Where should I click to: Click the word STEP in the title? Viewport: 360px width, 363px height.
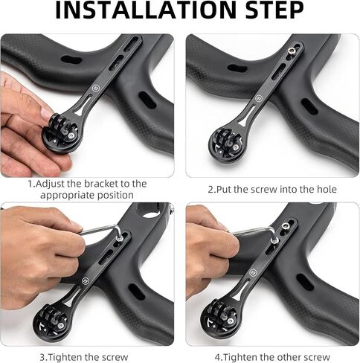(x=274, y=10)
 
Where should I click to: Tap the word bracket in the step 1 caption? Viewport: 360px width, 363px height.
(x=100, y=184)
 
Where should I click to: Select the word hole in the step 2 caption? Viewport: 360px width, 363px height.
(x=327, y=190)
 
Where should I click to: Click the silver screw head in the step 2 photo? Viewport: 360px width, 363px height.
(x=291, y=51)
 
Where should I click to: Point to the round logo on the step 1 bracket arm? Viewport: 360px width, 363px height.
(x=95, y=88)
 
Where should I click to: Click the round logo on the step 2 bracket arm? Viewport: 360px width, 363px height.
(x=259, y=98)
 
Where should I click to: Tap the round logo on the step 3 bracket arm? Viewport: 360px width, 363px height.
(x=85, y=280)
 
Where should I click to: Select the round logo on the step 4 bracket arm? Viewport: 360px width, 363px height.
(x=253, y=272)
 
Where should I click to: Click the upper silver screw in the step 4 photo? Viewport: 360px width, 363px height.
(x=284, y=225)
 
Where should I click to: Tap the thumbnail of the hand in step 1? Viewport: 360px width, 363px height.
(x=45, y=113)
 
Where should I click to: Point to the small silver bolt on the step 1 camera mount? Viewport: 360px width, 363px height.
(x=72, y=135)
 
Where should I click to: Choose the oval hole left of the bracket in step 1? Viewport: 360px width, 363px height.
(x=71, y=60)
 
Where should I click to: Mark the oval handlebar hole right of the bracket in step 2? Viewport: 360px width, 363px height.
(x=310, y=106)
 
